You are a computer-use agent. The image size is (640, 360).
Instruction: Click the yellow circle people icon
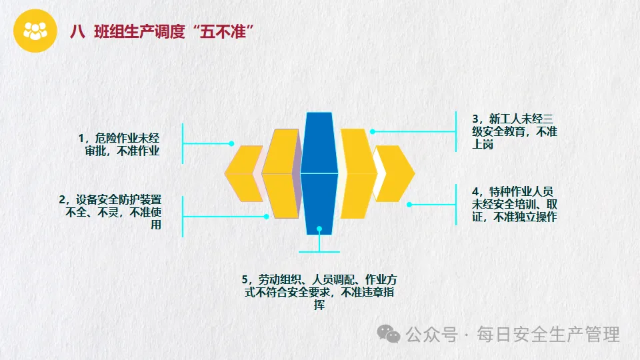click(x=35, y=31)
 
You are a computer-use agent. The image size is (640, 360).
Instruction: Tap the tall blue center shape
click(x=318, y=173)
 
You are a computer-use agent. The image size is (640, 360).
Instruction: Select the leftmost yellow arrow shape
click(x=242, y=173)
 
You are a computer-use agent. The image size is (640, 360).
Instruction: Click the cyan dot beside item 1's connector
click(x=231, y=143)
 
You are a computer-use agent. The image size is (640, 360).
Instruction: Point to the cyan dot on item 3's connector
click(x=373, y=131)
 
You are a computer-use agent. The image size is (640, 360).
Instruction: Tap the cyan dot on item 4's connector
click(x=409, y=205)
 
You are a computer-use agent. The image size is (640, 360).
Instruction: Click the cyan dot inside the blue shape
click(x=319, y=229)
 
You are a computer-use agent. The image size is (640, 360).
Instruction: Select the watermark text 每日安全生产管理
click(x=548, y=333)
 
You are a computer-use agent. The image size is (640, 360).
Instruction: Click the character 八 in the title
click(x=77, y=32)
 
